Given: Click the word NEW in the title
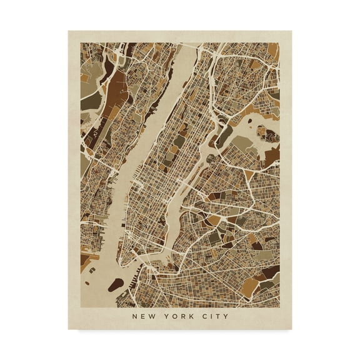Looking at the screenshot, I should pyautogui.click(x=144, y=315).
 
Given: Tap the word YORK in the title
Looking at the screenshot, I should pyautogui.click(x=179, y=315).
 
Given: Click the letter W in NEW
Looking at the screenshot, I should pyautogui.click(x=153, y=315).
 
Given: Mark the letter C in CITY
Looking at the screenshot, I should pyautogui.click(x=205, y=315).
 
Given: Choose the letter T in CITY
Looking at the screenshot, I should pyautogui.click(x=219, y=315).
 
